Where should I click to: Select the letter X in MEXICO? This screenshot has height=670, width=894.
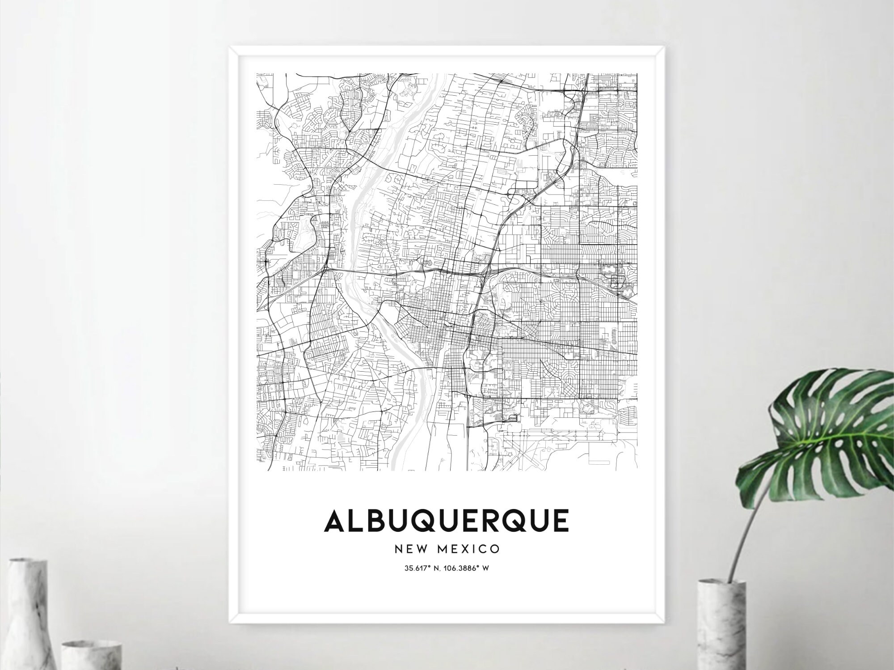pyautogui.click(x=467, y=549)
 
